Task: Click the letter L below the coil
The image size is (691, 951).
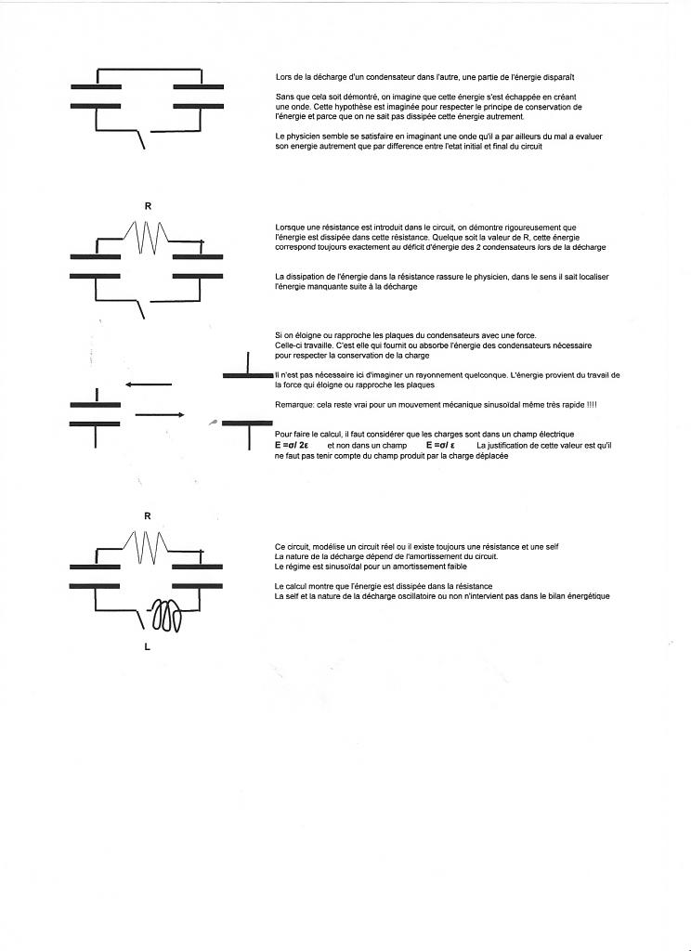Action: pyautogui.click(x=147, y=647)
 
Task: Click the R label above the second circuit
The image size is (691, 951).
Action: pyautogui.click(x=148, y=205)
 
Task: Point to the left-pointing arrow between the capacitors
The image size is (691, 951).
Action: pyautogui.click(x=149, y=384)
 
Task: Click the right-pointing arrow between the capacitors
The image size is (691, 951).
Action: pyautogui.click(x=160, y=415)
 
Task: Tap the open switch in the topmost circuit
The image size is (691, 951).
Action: pyautogui.click(x=142, y=139)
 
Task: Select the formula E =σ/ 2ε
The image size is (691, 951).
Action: pyautogui.click(x=292, y=446)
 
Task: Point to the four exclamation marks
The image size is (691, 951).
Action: pyautogui.click(x=592, y=404)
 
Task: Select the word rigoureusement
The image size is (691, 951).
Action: pyautogui.click(x=542, y=227)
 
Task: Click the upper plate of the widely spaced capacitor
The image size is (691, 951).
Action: pyautogui.click(x=248, y=374)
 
